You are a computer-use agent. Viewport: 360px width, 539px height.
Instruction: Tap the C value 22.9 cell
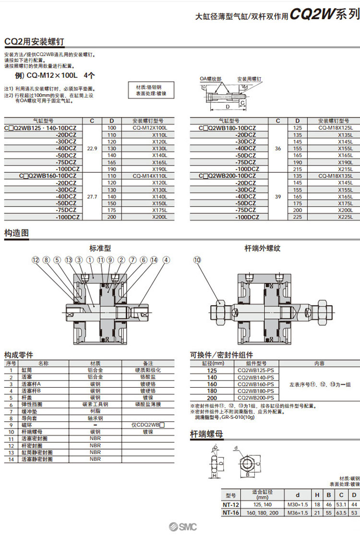[x=92, y=149]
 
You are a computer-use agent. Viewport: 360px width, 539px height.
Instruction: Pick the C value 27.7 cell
[x=92, y=196]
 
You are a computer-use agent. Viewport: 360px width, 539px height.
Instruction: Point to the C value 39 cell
[x=278, y=196]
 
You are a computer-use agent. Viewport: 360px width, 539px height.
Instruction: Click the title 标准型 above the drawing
[x=100, y=248]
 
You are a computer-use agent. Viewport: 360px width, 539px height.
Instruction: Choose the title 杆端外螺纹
[x=262, y=248]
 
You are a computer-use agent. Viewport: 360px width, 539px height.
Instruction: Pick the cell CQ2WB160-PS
[x=255, y=384]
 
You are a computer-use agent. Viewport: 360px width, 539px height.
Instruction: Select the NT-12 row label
[x=231, y=505]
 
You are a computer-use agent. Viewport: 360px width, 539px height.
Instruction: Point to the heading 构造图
[x=17, y=233]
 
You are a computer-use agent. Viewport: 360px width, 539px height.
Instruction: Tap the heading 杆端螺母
[x=206, y=435]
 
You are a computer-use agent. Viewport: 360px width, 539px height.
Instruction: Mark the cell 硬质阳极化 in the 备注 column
[x=148, y=370]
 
